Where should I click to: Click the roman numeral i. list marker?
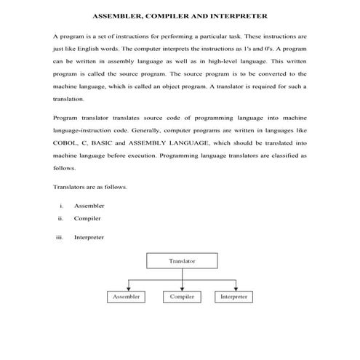pos(63,206)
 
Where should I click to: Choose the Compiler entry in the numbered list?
pos(87,218)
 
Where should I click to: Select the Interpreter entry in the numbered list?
pos(89,236)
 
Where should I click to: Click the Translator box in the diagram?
pos(181,260)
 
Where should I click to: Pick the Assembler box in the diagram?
pos(127,297)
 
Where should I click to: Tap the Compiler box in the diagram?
pos(181,297)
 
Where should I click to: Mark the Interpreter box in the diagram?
pos(233,297)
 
